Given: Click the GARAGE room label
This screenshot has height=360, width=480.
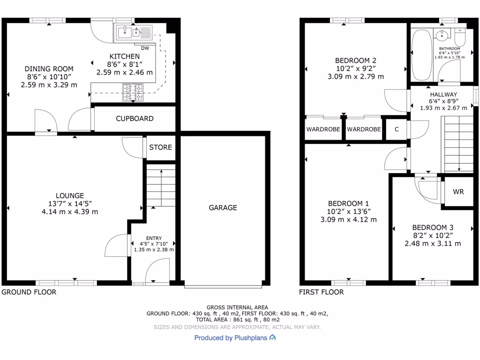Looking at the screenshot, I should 223,208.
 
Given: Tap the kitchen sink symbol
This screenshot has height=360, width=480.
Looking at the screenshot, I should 133,32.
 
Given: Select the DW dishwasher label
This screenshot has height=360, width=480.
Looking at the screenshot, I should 145,48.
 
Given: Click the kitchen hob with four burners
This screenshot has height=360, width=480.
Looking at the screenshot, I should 133,92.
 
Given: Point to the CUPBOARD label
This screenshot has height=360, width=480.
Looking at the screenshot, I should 135,119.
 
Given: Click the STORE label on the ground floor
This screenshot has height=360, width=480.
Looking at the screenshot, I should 160,147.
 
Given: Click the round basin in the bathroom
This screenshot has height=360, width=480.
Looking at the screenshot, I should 442,34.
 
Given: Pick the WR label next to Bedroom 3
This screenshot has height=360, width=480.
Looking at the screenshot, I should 458,192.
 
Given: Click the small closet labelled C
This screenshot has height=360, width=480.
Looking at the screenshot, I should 397,129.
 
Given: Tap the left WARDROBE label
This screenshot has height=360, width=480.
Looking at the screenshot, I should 324,129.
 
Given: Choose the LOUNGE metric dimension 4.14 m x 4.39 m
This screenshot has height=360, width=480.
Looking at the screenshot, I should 70,211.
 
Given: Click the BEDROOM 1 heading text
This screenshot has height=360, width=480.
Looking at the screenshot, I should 348,203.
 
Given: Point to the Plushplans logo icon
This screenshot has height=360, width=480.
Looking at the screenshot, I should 273,337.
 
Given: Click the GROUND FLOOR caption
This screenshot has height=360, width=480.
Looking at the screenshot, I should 29,292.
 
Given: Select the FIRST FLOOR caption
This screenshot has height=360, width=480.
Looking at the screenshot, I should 322,292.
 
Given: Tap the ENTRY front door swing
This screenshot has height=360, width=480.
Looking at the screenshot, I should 156,272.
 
